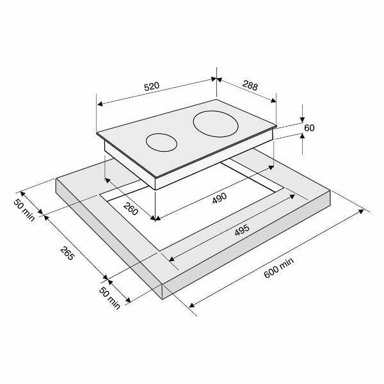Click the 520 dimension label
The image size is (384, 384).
point(152,86)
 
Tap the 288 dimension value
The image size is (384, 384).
point(250,86)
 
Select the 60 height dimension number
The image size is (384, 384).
point(309,128)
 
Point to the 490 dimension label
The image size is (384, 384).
point(220,198)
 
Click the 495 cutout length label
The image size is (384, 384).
point(242,230)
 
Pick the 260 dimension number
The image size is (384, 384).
point(131,209)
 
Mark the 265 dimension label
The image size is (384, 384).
point(67,253)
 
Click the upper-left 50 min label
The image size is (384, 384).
point(24,210)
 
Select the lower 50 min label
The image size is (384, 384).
point(109,298)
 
